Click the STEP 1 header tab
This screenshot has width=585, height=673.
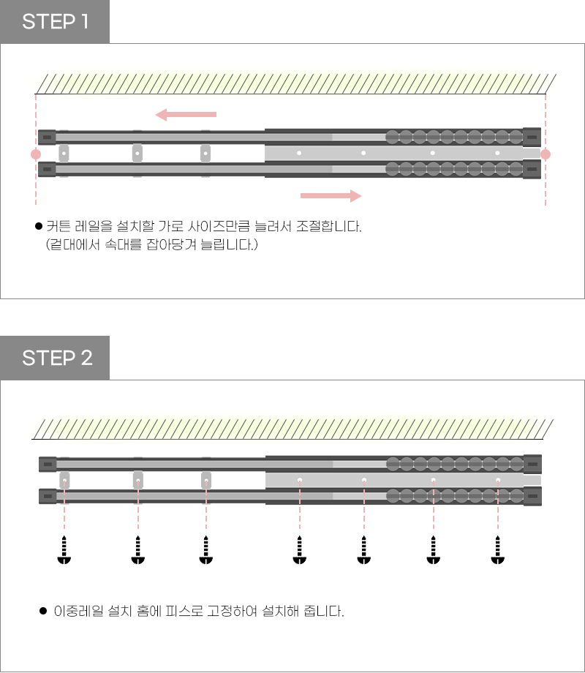tap(55, 22)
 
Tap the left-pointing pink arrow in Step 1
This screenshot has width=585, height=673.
tap(186, 114)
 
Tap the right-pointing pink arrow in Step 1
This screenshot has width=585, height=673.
tap(331, 195)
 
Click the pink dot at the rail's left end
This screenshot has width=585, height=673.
tap(36, 154)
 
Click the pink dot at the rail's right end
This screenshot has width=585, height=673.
tap(545, 154)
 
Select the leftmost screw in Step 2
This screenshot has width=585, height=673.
tap(65, 551)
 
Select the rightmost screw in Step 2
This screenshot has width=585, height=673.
tap(498, 551)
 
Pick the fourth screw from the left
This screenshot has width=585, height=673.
tap(299, 551)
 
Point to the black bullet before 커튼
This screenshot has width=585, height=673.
tap(39, 226)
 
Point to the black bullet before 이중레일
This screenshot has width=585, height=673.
tap(43, 609)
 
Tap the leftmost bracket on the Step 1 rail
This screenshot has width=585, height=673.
tap(64, 154)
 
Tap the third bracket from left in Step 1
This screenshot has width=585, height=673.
tap(206, 154)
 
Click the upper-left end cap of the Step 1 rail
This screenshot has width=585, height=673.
tap(47, 137)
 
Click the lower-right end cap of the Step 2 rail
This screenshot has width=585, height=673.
tap(532, 496)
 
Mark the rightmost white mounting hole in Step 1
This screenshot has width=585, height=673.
tap(497, 154)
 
